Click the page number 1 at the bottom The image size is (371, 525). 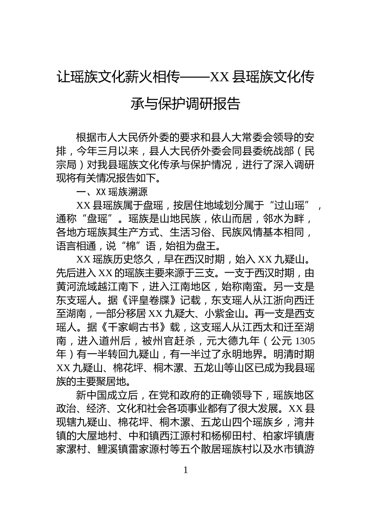coord(185,470)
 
